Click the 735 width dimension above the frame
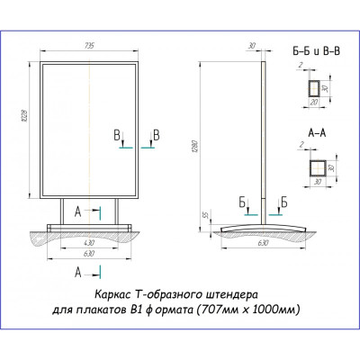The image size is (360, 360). tap(89, 46)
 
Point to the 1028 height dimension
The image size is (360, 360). tap(25, 115)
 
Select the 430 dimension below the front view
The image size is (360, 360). tap(89, 243)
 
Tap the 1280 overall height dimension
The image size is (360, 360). tap(193, 146)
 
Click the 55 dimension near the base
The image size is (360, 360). tap(206, 215)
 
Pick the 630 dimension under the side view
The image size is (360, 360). tap(263, 243)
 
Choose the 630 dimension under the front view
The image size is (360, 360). tap(89, 254)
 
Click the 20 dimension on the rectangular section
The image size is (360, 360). tap(314, 103)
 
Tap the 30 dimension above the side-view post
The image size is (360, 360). tap(252, 46)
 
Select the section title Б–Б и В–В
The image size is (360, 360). tap(317, 51)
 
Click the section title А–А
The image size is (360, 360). tap(317, 133)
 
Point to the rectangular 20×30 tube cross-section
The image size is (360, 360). tap(314, 88)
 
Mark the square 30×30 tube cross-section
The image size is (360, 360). tap(318, 168)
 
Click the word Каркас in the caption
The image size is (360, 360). tap(112, 294)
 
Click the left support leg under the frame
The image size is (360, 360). tap(62, 211)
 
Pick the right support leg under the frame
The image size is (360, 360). tap(117, 211)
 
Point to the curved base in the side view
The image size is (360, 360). tap(263, 228)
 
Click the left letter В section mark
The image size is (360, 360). tap(117, 136)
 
